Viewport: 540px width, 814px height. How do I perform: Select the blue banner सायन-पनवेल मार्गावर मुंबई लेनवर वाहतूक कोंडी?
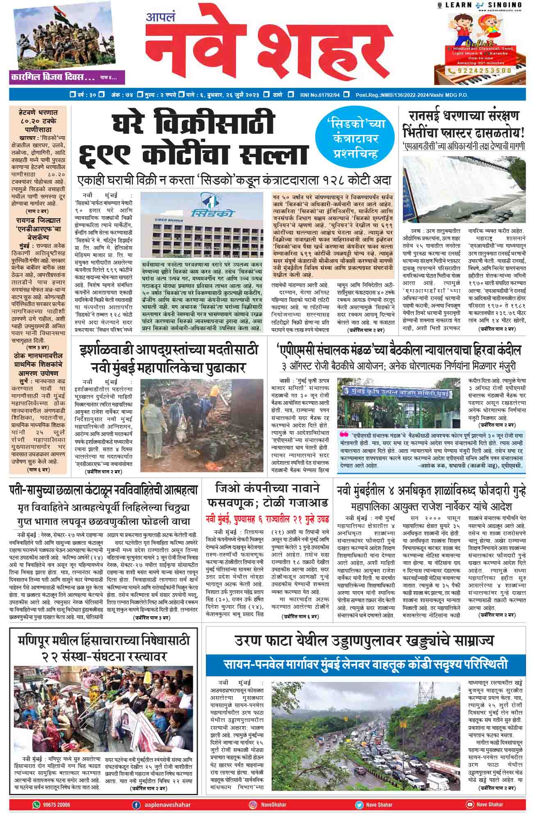pyautogui.click(x=365, y=664)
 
